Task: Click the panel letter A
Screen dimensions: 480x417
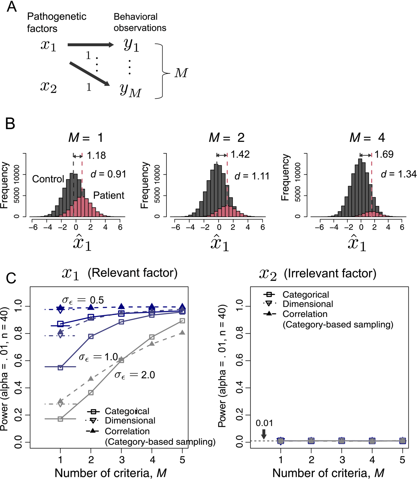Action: [x=11, y=7]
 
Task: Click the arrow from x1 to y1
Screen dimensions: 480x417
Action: [x=90, y=45]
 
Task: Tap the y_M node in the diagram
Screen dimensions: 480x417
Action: [x=130, y=90]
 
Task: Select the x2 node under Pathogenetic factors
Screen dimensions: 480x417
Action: [x=48, y=87]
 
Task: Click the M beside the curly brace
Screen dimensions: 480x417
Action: [x=181, y=73]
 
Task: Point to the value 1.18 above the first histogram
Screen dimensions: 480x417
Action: [x=96, y=155]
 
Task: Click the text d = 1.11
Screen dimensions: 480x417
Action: [x=252, y=176]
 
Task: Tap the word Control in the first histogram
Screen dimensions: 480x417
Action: [x=48, y=179]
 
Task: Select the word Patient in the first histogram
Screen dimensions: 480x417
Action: [x=109, y=195]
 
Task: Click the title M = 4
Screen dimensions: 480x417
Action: [x=367, y=138]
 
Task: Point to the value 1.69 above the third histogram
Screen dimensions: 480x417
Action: [x=384, y=154]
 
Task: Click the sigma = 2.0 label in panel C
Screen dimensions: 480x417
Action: [x=135, y=375]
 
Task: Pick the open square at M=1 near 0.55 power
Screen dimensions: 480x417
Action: [x=60, y=367]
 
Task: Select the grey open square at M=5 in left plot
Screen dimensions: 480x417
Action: [x=182, y=321]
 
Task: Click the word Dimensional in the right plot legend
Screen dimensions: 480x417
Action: [x=308, y=304]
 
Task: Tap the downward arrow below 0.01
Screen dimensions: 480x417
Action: [x=264, y=434]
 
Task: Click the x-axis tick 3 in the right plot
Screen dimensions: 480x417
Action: [x=342, y=460]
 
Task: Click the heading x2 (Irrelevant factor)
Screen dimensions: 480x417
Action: [x=318, y=274]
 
